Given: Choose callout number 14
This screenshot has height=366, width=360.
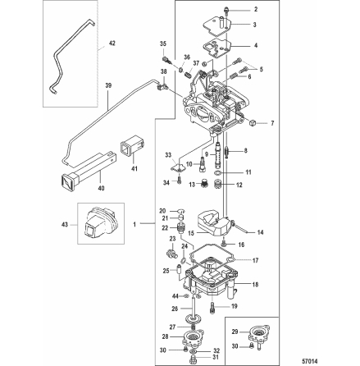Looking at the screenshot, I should (260, 233).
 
